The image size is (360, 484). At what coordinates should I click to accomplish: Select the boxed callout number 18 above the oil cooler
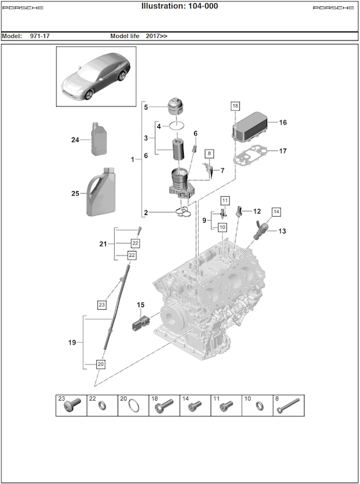(235, 106)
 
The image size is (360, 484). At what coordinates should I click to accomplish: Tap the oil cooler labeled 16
(249, 126)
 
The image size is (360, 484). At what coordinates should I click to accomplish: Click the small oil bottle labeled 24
(99, 139)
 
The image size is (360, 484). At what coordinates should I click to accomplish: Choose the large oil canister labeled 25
(101, 192)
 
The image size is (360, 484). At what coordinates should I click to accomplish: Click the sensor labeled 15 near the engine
(141, 322)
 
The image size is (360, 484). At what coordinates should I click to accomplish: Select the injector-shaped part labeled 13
(261, 230)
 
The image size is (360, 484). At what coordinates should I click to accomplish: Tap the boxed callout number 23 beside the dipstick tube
(102, 305)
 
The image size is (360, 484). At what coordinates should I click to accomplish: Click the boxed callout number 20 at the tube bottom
(101, 364)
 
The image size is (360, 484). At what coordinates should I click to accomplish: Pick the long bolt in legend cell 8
(288, 406)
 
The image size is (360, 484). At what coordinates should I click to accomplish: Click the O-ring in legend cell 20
(134, 405)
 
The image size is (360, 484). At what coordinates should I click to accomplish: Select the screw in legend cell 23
(72, 405)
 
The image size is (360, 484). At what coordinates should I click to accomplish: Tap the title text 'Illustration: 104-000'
(179, 6)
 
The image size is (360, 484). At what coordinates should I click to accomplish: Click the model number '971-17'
(40, 35)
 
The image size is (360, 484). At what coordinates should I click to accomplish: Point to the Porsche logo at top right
(334, 7)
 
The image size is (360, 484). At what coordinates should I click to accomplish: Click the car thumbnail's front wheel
(89, 95)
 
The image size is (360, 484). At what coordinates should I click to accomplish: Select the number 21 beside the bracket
(103, 244)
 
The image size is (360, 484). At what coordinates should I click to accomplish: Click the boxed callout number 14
(276, 212)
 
